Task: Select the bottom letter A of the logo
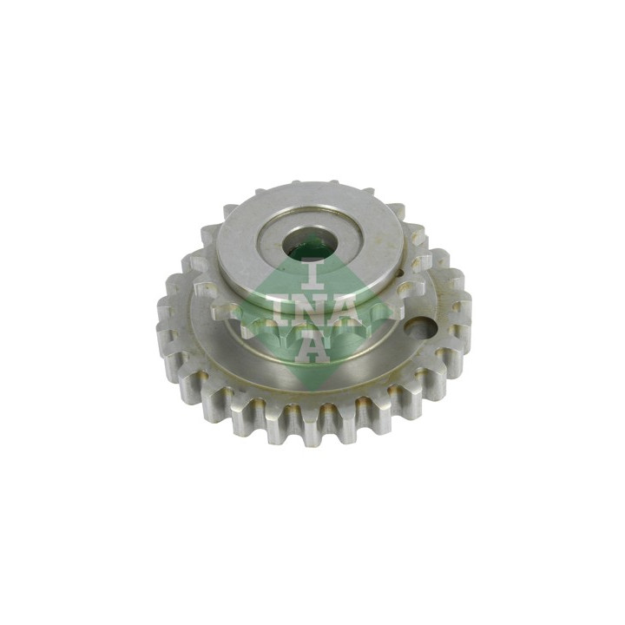point(312,346)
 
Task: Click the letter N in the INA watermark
point(312,312)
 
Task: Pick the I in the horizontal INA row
point(279,312)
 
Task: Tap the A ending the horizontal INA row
point(352,312)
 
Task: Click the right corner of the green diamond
point(390,310)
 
